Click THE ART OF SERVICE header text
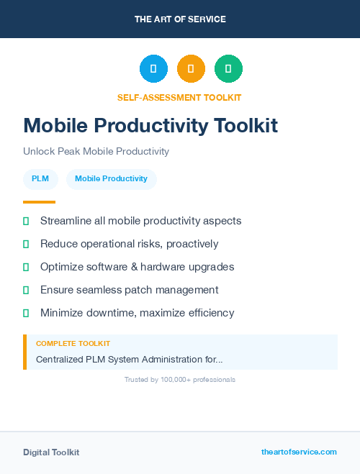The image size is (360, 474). tap(180, 19)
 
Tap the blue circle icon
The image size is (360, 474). tap(153, 69)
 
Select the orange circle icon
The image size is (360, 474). tap(191, 69)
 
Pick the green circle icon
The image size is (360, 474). tap(228, 69)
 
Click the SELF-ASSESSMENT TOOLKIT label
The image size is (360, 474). tap(179, 97)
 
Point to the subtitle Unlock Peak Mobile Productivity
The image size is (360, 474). tap(96, 151)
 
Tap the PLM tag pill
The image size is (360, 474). tap(40, 178)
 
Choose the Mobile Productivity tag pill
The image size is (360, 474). tap(111, 178)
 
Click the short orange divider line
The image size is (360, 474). tap(39, 202)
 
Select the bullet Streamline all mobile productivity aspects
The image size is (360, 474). tap(140, 221)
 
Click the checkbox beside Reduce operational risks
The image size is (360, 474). tap(26, 244)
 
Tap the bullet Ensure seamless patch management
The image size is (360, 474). tap(129, 290)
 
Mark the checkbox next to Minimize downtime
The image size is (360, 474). tap(26, 313)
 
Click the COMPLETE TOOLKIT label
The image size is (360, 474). tap(73, 344)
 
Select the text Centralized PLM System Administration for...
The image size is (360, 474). tap(129, 359)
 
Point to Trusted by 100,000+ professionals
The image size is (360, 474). tap(179, 379)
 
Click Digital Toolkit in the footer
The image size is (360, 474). tap(51, 452)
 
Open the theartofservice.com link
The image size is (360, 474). tap(299, 452)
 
